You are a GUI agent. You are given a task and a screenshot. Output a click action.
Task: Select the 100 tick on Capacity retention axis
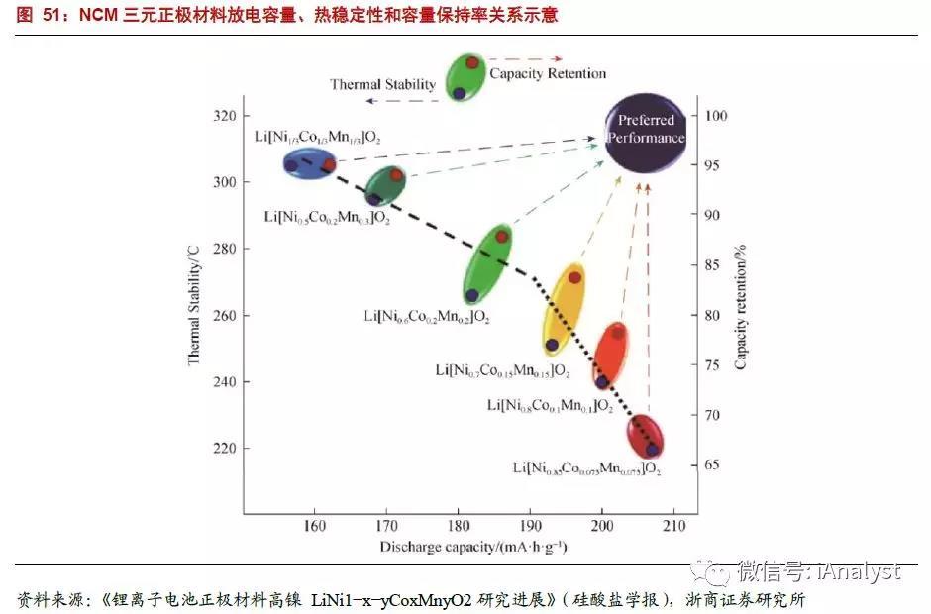click(x=716, y=116)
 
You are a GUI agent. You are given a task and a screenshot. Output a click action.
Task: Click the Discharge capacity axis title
click(x=472, y=547)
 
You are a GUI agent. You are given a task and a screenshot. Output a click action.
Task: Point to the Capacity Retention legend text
click(x=548, y=73)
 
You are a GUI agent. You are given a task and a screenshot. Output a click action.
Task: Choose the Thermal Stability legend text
click(x=382, y=84)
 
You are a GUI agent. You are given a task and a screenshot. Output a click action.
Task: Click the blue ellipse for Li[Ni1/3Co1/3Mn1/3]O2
click(x=310, y=164)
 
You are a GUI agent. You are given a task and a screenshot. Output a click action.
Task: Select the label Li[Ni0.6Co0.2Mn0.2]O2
click(x=427, y=317)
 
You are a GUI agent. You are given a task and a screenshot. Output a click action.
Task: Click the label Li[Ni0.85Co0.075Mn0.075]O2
click(x=586, y=467)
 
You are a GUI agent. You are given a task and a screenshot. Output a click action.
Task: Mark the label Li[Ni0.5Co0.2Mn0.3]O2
click(x=327, y=216)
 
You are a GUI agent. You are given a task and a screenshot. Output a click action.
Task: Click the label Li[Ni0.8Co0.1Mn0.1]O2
click(x=550, y=405)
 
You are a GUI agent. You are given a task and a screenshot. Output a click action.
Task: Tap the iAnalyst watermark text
click(x=813, y=571)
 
